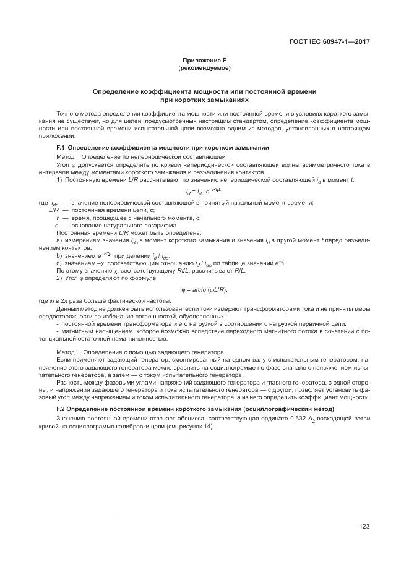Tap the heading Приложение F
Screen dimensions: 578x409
(204, 60)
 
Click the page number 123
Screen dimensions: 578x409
(364, 526)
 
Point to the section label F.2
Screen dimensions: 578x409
(61, 410)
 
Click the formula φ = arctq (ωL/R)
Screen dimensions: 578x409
(204, 289)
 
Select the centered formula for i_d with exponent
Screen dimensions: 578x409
(204, 192)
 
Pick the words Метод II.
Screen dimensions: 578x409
(70, 351)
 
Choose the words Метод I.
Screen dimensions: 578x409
(69, 158)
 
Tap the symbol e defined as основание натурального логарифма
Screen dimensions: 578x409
(56, 225)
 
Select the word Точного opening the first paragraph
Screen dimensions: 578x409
(69, 114)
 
